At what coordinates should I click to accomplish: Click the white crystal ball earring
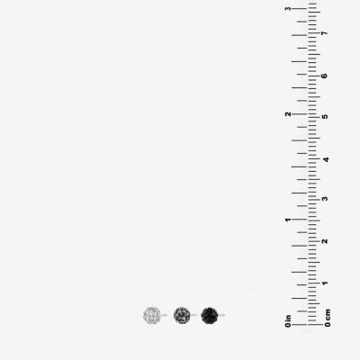152,315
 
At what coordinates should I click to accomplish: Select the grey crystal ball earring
182,315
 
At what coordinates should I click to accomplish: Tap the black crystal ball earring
210,315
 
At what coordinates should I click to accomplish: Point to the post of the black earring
221,315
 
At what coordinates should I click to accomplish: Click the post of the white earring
164,315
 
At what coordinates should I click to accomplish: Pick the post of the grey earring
193,315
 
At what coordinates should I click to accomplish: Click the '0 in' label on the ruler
288,321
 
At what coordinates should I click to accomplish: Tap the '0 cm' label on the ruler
328,318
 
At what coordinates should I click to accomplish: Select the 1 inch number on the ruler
288,220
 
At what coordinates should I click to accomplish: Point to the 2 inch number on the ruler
288,114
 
